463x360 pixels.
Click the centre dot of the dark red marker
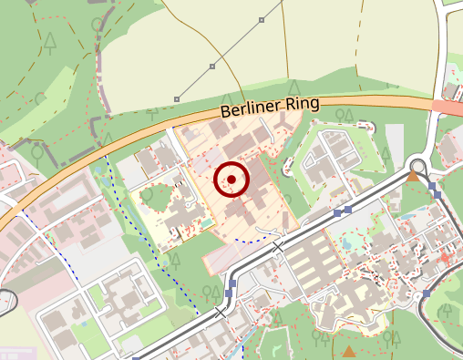231,180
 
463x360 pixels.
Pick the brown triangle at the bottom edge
349,351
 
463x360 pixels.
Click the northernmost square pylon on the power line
262,19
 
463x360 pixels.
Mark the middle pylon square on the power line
212,66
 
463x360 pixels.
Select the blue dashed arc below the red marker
255,240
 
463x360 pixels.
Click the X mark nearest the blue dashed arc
278,246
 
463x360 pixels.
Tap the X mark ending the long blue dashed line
220,312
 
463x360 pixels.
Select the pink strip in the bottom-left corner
18,353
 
